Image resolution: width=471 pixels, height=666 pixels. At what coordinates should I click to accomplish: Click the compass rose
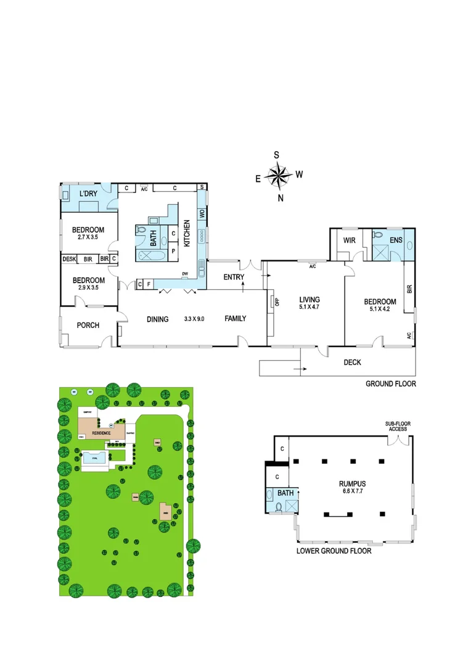pos(279,176)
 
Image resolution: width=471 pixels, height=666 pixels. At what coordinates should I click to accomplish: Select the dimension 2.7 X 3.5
pos(88,236)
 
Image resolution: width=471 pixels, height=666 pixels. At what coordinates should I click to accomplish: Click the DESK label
pos(68,259)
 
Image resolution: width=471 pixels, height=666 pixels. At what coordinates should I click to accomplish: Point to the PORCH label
pos(88,325)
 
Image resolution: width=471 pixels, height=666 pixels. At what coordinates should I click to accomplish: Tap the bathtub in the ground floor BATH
pos(149,257)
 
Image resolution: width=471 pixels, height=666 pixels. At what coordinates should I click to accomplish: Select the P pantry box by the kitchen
pos(173,252)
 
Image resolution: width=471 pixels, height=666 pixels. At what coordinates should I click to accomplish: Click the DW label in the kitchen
pos(184,274)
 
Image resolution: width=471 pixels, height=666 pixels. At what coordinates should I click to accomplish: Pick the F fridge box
pos(149,284)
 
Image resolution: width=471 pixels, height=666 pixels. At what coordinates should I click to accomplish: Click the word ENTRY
pos(234,277)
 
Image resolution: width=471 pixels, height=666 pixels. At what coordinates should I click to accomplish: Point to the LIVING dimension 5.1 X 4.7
pos(304,306)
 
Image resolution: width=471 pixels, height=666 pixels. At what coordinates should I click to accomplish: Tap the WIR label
pos(350,239)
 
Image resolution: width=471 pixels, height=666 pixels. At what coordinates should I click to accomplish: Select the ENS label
pos(396,239)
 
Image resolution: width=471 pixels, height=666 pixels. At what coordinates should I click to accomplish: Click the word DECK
pos(352,363)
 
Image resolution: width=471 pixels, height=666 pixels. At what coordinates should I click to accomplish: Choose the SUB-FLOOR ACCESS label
pos(398,427)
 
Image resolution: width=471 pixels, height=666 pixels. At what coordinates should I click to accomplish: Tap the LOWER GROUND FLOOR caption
pos(334,551)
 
